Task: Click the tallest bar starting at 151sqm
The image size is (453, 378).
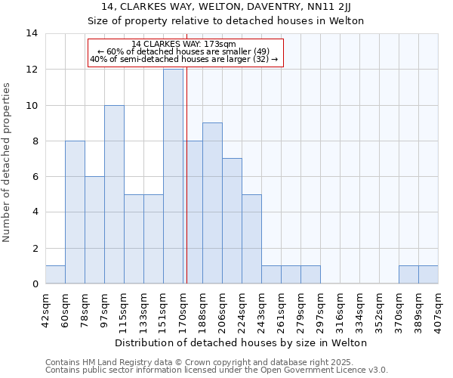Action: tap(173, 176)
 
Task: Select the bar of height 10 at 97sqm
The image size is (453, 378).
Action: tap(114, 194)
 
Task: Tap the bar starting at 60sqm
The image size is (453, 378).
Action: tap(75, 212)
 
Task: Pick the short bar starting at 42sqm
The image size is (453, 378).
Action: tap(55, 274)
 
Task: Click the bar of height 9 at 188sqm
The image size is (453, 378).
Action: tap(212, 203)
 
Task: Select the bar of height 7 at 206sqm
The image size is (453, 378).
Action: tap(232, 221)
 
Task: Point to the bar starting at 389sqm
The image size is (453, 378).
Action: tap(428, 274)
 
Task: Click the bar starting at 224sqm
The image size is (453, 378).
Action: tap(251, 239)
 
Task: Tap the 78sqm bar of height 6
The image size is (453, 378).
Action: tap(94, 230)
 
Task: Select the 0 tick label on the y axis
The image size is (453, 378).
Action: tap(35, 284)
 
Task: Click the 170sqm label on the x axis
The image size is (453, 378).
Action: tap(183, 308)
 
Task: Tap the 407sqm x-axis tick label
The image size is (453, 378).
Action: tap(438, 308)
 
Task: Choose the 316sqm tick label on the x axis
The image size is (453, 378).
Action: tap(340, 308)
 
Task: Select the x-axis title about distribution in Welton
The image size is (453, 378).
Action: tap(242, 342)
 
